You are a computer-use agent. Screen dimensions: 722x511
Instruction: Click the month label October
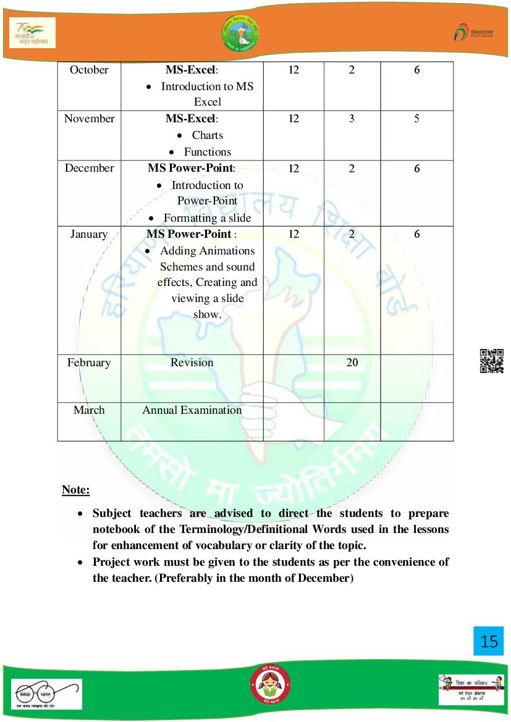(x=89, y=70)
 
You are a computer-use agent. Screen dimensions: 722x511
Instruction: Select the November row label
(x=89, y=119)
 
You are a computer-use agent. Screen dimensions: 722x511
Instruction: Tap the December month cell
(x=89, y=168)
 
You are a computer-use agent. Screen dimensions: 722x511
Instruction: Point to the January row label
(x=89, y=234)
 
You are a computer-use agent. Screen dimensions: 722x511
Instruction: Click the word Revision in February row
(x=192, y=363)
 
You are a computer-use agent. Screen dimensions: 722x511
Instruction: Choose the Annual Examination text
(x=192, y=410)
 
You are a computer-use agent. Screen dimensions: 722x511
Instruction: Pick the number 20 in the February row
(x=352, y=363)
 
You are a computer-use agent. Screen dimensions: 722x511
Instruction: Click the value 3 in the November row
(x=352, y=119)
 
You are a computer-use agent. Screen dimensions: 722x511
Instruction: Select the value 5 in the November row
(x=417, y=119)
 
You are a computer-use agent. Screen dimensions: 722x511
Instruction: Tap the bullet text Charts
(x=207, y=135)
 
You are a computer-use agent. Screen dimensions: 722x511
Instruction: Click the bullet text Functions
(x=207, y=152)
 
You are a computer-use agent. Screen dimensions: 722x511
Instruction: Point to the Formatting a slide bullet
(x=207, y=218)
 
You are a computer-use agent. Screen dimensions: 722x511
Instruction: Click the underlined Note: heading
(x=76, y=490)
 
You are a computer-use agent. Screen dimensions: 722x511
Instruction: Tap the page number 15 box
(x=489, y=641)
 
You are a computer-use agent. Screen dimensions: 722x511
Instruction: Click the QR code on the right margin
(x=492, y=361)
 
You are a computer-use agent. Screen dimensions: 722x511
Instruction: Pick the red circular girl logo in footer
(x=270, y=686)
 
